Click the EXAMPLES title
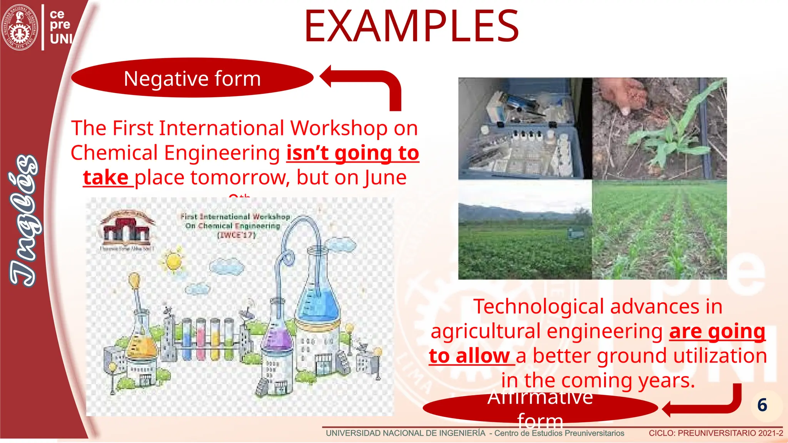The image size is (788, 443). click(411, 27)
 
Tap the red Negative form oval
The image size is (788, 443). click(192, 78)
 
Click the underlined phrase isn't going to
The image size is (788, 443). click(352, 153)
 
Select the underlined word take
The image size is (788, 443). click(106, 178)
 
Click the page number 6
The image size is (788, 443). click(762, 405)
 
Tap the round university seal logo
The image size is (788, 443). click(19, 27)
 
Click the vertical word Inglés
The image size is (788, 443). click(24, 221)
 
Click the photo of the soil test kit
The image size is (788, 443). click(525, 128)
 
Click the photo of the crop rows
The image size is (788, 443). click(659, 230)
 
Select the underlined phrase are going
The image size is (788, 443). click(717, 331)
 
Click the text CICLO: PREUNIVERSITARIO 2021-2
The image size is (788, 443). click(716, 433)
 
